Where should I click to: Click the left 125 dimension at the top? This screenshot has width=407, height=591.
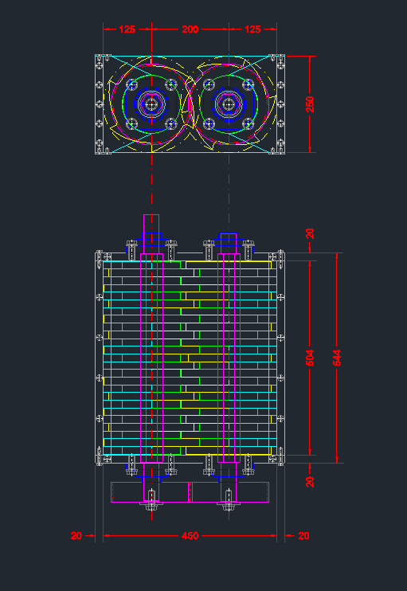coord(127,29)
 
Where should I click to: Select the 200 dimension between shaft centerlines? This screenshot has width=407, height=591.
coord(190,29)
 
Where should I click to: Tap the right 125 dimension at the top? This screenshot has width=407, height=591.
coord(252,29)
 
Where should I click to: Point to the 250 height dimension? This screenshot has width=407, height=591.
coord(310,104)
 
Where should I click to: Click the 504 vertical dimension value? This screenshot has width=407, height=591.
coord(310,358)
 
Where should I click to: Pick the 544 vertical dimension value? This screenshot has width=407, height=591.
coord(337,358)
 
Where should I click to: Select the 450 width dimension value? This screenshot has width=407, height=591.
coord(190,535)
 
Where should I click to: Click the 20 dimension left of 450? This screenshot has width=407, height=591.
coord(76,535)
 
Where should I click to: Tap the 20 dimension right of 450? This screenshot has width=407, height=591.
coord(303,535)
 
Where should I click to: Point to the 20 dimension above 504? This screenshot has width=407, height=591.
coord(310,233)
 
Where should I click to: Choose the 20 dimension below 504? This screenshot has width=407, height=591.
coord(310,482)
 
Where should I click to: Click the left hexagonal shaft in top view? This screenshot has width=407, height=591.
coord(151,104)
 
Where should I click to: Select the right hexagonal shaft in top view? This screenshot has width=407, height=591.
coord(229,104)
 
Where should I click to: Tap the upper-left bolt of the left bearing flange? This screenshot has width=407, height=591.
coord(131,84)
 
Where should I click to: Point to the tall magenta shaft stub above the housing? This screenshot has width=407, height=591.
coord(151,233)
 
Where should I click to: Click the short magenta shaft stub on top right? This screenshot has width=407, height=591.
coord(229,243)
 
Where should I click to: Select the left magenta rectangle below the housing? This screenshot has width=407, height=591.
coord(150,492)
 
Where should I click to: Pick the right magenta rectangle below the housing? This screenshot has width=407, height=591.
coord(230,492)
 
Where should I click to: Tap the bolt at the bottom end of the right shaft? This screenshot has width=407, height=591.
coord(229,500)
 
